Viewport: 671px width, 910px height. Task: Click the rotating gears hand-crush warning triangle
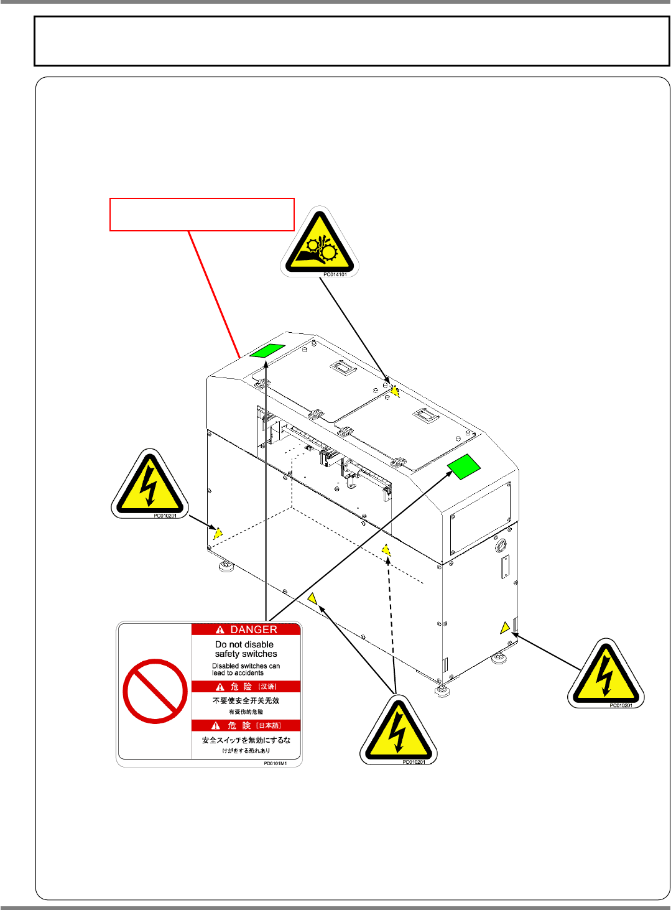pyautogui.click(x=319, y=244)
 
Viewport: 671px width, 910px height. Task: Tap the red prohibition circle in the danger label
pyautogui.click(x=155, y=691)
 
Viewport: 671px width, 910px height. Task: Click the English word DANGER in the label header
pyautogui.click(x=253, y=629)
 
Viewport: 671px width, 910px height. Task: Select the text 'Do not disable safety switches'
pyautogui.click(x=246, y=649)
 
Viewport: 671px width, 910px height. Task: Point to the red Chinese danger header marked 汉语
pyautogui.click(x=246, y=687)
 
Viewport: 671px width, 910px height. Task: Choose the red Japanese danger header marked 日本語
pyautogui.click(x=246, y=725)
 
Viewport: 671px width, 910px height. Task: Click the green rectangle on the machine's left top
pyautogui.click(x=267, y=351)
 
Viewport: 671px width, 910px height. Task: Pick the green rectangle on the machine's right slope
pyautogui.click(x=464, y=467)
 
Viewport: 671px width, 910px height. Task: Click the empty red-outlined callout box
pyautogui.click(x=202, y=215)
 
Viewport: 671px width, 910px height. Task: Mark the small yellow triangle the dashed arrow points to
pyautogui.click(x=386, y=550)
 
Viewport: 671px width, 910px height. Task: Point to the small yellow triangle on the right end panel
pyautogui.click(x=505, y=628)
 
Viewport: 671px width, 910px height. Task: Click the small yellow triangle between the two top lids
pyautogui.click(x=395, y=391)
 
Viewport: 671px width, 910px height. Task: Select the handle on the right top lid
pyautogui.click(x=427, y=414)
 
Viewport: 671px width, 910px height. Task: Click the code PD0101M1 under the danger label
pyautogui.click(x=275, y=763)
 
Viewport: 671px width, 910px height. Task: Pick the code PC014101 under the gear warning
pyautogui.click(x=335, y=274)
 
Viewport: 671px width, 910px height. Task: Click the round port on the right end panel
pyautogui.click(x=500, y=547)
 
